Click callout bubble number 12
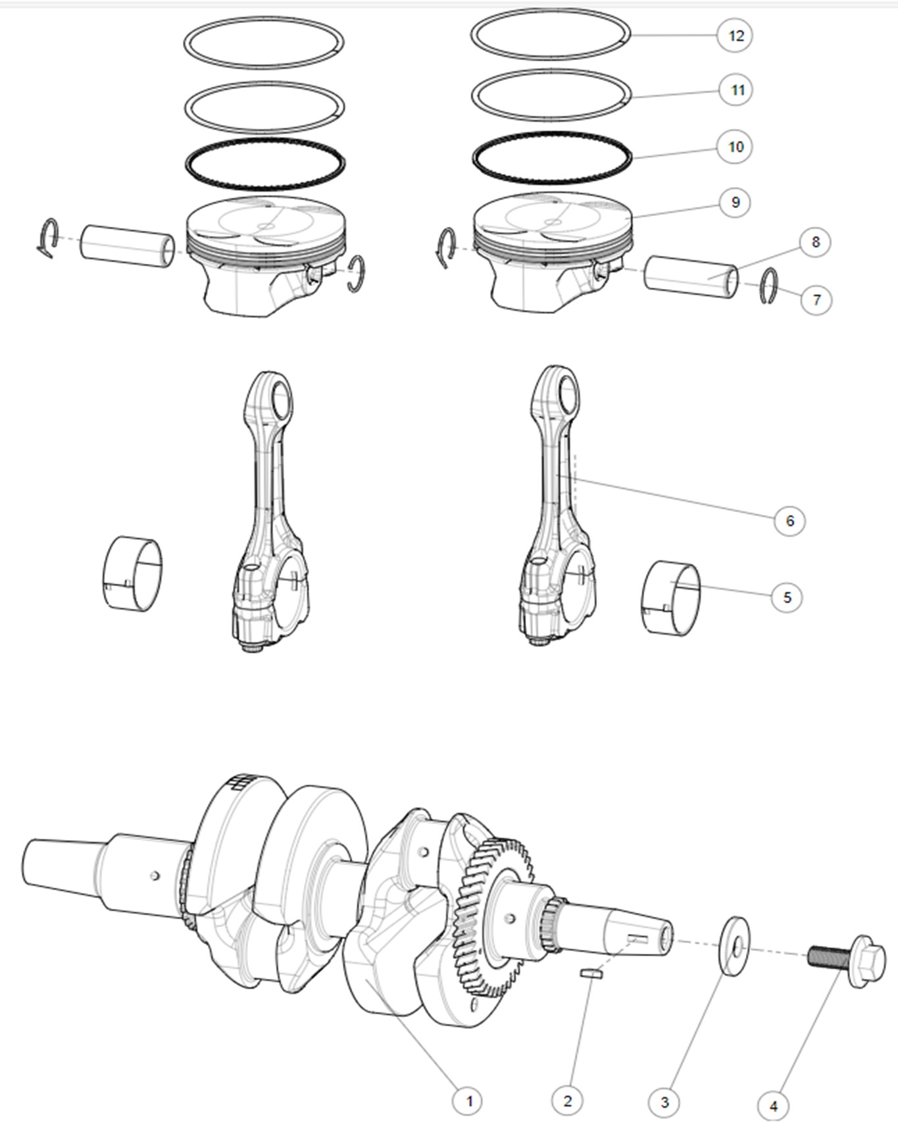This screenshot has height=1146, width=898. click(735, 35)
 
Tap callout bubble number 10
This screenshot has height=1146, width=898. click(735, 146)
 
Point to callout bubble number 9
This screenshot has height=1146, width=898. click(736, 202)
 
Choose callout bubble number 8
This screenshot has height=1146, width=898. click(815, 242)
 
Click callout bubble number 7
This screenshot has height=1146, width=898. click(816, 300)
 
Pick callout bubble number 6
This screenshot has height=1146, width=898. click(789, 521)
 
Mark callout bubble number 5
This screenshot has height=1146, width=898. click(787, 597)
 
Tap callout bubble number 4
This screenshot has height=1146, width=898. click(774, 1106)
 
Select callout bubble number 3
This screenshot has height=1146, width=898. click(664, 1102)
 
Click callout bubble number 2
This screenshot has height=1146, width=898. click(568, 1100)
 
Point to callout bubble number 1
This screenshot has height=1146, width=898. click(469, 1100)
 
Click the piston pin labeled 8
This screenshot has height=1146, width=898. click(691, 276)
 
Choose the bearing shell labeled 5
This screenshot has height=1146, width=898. click(670, 598)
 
